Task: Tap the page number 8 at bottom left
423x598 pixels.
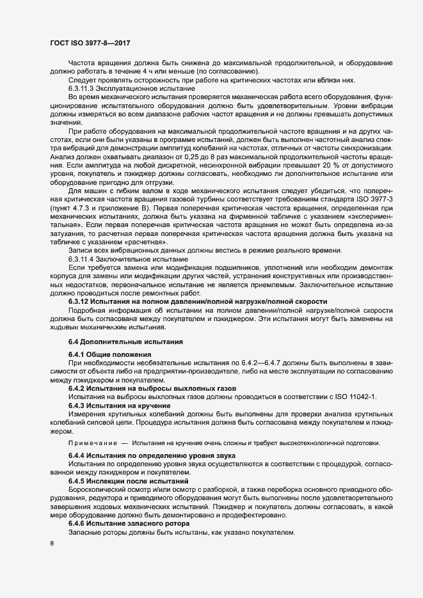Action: [51, 544]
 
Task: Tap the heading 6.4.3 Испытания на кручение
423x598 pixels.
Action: [119, 406]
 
